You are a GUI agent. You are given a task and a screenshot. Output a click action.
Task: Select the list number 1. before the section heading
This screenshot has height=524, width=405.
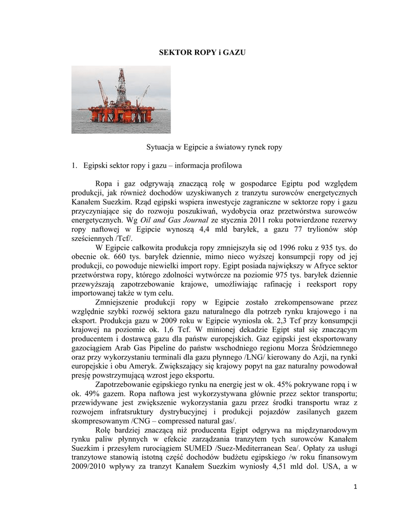75,166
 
